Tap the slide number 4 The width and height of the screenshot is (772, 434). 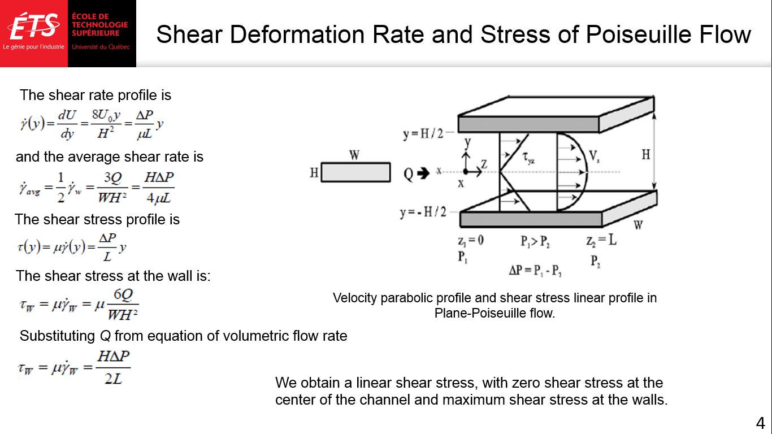(760, 423)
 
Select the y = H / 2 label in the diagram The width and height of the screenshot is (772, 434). (423, 134)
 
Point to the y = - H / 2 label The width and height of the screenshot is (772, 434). (423, 212)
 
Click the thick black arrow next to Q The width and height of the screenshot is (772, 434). (423, 173)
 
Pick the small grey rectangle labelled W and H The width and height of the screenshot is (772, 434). (355, 172)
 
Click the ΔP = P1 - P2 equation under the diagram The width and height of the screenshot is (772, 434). (535, 271)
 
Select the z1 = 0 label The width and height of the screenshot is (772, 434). (471, 241)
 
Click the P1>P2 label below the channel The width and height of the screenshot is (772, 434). (535, 242)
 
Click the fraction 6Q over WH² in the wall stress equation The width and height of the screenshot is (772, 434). (123, 305)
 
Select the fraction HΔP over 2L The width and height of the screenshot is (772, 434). (114, 367)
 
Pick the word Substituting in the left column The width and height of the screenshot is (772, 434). (57, 336)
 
